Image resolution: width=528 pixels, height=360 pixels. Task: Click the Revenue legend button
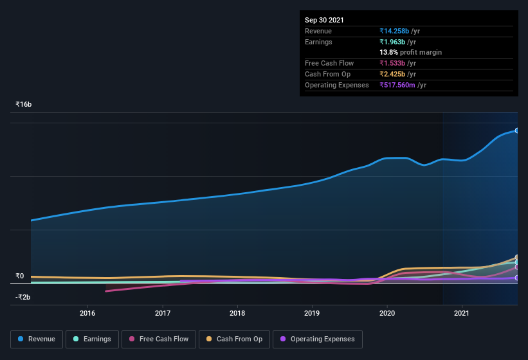(37, 339)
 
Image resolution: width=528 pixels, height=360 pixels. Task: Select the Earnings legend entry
(92, 339)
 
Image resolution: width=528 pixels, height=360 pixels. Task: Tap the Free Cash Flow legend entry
(159, 339)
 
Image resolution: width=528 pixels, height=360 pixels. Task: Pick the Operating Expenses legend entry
(318, 339)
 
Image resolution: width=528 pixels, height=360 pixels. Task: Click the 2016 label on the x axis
(87, 313)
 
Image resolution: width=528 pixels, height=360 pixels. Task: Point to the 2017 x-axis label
(163, 313)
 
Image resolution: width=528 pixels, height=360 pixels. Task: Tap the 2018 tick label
(237, 313)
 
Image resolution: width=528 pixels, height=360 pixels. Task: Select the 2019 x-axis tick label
(312, 313)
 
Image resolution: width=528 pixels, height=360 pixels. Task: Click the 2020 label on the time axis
(387, 313)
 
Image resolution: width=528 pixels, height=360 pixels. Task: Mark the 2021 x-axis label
(462, 313)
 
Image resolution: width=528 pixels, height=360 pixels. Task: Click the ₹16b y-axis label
(24, 104)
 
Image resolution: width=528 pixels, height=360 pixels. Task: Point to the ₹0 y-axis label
(20, 276)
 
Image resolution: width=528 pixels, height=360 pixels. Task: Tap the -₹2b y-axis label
(23, 297)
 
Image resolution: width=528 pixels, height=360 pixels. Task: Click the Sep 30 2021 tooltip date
(324, 20)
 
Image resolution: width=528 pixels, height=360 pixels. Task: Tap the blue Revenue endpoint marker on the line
(516, 130)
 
